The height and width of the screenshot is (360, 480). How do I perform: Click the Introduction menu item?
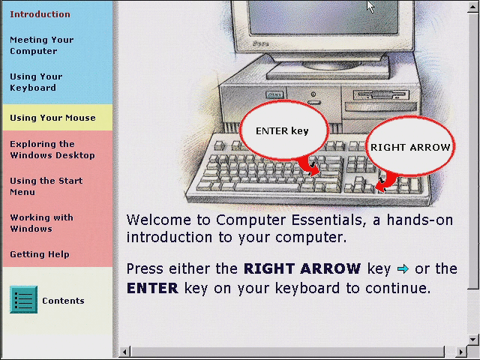point(40,14)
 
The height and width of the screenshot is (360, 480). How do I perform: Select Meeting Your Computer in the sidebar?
point(42,45)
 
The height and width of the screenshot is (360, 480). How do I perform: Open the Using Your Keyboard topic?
point(36,82)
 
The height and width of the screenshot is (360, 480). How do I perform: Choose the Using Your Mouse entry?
point(52,118)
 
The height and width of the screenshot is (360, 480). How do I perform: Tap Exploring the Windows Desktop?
point(52,150)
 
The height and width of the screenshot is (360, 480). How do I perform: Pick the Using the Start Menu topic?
point(46,187)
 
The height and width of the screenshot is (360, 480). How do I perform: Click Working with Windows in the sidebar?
point(42,223)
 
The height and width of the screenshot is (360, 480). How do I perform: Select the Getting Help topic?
point(40,254)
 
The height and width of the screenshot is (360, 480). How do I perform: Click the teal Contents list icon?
point(23,300)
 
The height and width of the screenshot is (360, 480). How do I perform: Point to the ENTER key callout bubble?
point(283,130)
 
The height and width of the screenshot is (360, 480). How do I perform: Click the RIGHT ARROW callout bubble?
point(410,146)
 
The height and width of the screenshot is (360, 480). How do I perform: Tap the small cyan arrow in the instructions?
point(403,269)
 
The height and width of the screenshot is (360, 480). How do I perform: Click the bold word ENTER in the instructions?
point(152,288)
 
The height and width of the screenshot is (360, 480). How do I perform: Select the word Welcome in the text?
point(159,220)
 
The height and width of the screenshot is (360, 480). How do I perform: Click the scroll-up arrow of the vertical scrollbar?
point(473,7)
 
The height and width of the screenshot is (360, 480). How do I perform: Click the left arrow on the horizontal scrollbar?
point(124,352)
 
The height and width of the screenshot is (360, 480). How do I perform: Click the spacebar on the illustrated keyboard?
point(267,187)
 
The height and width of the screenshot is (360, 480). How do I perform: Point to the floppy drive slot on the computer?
point(381,95)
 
